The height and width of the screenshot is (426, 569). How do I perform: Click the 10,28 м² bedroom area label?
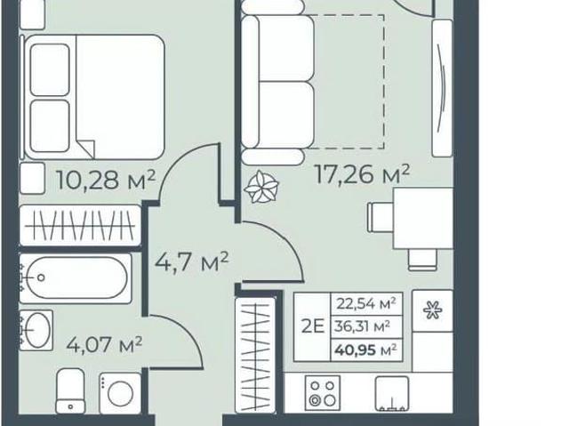[107, 180]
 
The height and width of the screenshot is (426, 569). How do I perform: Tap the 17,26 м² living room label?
[363, 174]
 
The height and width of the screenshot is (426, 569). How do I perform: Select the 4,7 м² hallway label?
[192, 261]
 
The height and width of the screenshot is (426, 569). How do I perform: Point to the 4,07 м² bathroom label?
[104, 344]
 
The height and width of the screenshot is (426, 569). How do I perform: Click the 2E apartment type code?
[312, 326]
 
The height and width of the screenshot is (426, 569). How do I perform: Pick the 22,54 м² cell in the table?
[366, 303]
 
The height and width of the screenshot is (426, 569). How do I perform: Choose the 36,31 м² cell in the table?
[363, 326]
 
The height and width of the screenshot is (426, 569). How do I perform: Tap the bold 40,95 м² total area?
[365, 350]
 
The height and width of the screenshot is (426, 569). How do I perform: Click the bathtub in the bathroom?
[75, 278]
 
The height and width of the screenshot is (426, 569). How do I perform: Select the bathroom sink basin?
[36, 330]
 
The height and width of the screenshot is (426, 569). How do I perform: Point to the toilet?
[71, 390]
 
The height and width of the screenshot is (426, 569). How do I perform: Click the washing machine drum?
[120, 394]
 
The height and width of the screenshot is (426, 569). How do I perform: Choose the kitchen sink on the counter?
[392, 394]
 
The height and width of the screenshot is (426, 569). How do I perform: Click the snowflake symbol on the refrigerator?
[433, 310]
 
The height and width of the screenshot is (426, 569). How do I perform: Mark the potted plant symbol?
[261, 187]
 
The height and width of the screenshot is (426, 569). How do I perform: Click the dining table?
[423, 218]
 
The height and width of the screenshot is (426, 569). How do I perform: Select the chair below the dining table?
[422, 260]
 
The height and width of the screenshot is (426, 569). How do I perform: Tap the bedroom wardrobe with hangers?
[80, 226]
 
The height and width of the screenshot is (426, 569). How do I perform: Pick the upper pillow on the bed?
[50, 69]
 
